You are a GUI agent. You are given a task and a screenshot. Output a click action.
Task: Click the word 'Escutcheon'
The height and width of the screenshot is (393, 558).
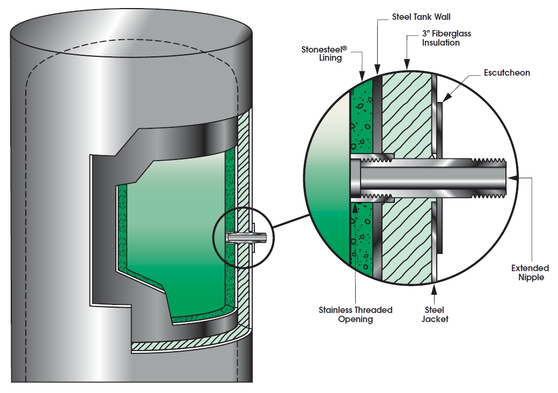506,72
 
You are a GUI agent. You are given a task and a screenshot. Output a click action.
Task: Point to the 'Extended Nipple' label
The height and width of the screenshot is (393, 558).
530,272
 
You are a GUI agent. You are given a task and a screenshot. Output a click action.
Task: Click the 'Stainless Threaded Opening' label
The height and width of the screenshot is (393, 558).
355,315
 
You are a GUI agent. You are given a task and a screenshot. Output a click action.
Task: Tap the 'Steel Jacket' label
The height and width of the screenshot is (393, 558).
435,314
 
